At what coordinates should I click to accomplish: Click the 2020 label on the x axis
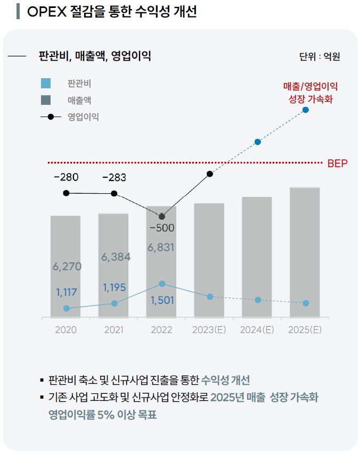(66, 329)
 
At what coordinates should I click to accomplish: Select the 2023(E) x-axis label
(209, 329)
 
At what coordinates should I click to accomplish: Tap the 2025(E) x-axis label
(305, 329)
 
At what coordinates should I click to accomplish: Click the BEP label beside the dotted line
(337, 163)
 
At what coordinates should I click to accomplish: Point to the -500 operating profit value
(161, 228)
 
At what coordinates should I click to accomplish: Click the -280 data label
(66, 177)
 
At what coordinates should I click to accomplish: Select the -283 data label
(114, 177)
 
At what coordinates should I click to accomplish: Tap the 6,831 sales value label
(161, 247)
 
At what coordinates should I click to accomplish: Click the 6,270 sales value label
(67, 267)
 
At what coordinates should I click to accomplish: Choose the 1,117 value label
(67, 292)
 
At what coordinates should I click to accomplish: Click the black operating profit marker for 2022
(162, 217)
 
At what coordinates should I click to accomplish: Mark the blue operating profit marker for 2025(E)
(305, 110)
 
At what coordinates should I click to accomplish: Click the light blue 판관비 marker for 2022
(162, 284)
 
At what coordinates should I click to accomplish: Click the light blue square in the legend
(46, 84)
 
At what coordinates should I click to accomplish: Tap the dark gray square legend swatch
(46, 100)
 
